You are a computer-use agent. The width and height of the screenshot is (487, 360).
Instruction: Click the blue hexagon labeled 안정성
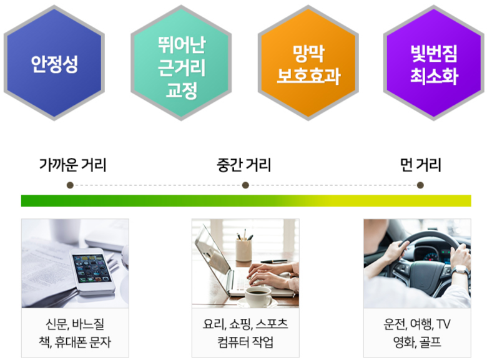pos(54,63)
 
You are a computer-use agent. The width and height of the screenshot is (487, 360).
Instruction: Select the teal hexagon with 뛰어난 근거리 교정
pos(181,63)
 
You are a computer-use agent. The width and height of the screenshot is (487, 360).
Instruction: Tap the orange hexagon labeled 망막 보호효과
pos(308,63)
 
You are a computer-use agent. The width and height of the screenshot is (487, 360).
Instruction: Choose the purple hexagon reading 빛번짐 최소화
pos(434,63)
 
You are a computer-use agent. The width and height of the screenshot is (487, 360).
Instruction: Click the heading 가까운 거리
pos(72,165)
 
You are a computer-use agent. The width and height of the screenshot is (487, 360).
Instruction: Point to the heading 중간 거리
pos(243,165)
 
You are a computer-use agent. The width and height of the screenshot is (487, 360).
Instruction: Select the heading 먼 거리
pos(421,165)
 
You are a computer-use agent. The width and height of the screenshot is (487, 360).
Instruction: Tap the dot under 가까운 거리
pos(70,185)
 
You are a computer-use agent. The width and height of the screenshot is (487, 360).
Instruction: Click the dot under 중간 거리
pos(245,185)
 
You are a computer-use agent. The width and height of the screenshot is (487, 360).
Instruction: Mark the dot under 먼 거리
pos(420,185)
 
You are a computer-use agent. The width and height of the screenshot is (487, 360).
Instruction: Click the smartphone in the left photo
pos(92,270)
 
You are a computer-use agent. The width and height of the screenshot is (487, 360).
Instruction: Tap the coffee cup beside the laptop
pos(258,296)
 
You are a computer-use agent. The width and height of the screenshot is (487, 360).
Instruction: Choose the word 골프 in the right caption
pos(430,342)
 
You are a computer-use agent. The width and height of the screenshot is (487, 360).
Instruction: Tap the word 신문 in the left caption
pos(57,324)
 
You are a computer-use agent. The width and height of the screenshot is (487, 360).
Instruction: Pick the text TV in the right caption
pos(443,324)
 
